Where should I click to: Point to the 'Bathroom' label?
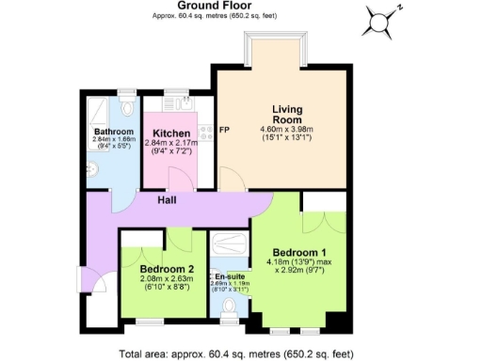coord(112,133)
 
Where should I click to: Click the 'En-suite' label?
coord(229,276)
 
